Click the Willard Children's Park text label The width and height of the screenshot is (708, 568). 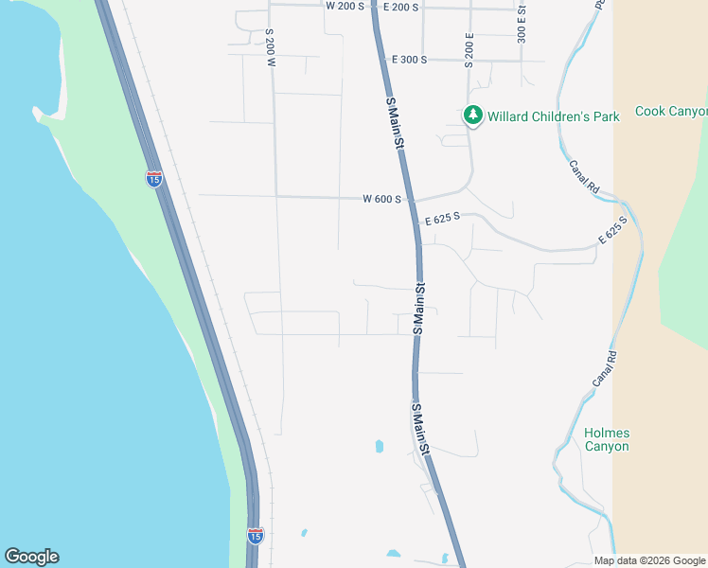(x=554, y=116)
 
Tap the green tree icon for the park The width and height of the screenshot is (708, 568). (x=472, y=115)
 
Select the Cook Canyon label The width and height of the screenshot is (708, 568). (x=671, y=111)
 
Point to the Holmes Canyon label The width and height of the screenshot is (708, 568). (x=607, y=439)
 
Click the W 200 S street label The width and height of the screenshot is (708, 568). (x=345, y=6)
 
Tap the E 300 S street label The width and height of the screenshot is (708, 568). (x=409, y=59)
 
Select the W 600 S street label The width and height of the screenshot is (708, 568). (x=382, y=199)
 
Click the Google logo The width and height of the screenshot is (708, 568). (x=31, y=557)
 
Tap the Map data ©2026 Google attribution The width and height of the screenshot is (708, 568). (x=650, y=560)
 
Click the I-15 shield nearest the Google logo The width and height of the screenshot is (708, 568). (x=255, y=536)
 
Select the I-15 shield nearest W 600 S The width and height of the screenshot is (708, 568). (x=153, y=177)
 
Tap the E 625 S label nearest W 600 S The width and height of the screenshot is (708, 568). (x=442, y=219)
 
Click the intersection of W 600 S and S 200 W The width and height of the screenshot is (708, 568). (x=275, y=196)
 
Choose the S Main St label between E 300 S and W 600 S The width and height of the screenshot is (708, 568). (x=396, y=123)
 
